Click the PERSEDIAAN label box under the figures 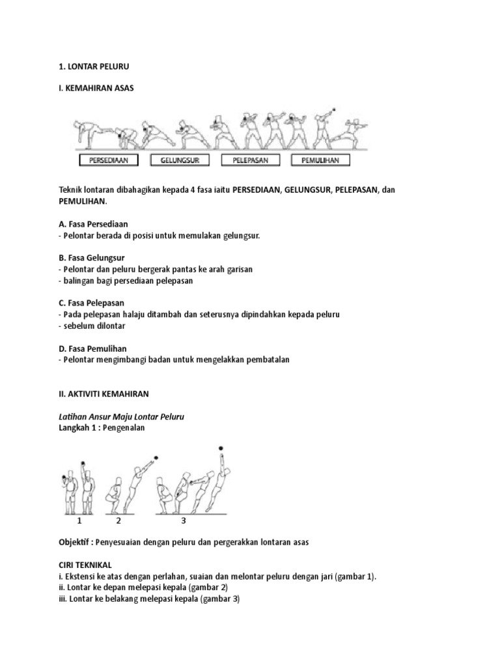click(x=108, y=160)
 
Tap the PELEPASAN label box click(x=250, y=160)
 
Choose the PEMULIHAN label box click(x=320, y=160)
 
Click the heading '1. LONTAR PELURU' click(x=94, y=66)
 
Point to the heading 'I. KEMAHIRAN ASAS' click(x=96, y=87)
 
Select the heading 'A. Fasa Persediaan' click(x=93, y=223)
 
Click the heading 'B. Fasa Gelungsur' click(x=92, y=257)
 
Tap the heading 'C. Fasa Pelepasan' click(x=92, y=303)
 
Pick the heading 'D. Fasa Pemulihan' click(x=93, y=348)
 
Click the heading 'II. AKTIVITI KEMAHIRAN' click(x=105, y=393)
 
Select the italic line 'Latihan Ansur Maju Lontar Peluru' click(x=122, y=416)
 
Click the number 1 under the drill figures click(x=79, y=520)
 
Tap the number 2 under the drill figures click(x=118, y=520)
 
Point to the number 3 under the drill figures click(x=184, y=520)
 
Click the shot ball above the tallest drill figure click(x=221, y=448)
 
